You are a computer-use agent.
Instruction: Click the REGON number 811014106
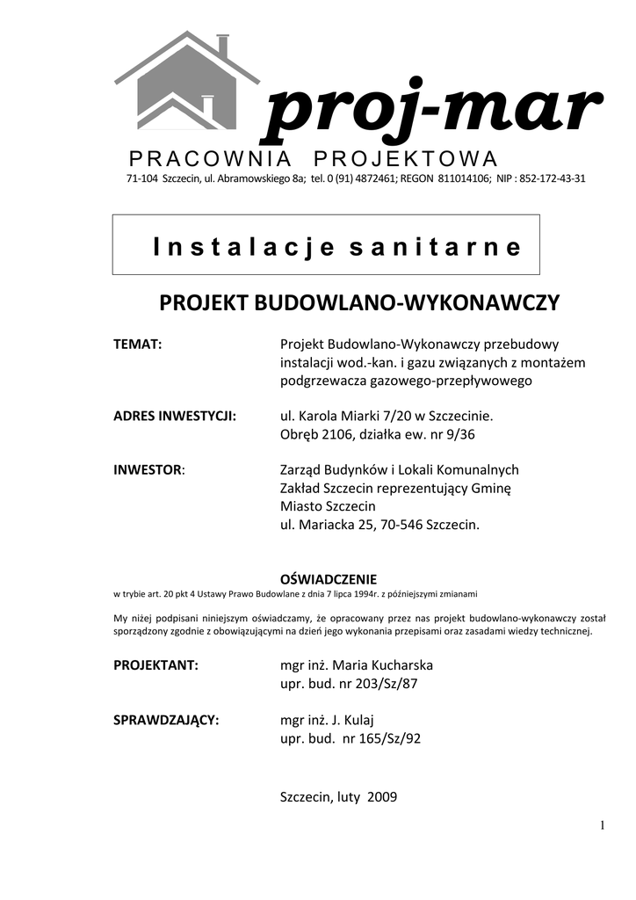[463, 178]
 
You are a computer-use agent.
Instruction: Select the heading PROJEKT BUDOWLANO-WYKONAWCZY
[358, 304]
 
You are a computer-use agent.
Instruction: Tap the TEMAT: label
[138, 345]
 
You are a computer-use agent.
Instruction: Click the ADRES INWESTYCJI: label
[175, 415]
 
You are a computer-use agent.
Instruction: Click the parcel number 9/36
[462, 433]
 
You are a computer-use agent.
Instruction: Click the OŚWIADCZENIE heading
[328, 579]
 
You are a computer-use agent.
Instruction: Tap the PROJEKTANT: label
[156, 664]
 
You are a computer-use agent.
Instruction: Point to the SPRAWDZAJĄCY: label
[166, 720]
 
